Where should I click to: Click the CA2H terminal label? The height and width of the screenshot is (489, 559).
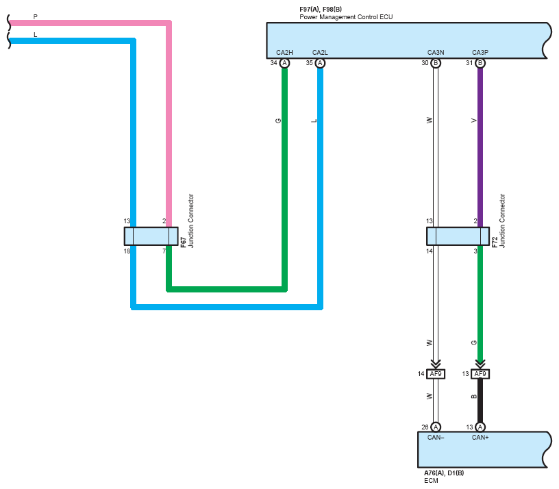(284, 52)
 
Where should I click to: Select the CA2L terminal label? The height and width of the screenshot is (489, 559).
(320, 52)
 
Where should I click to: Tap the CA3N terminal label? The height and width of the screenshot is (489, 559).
(436, 52)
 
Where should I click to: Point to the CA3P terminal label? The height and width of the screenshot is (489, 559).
(480, 52)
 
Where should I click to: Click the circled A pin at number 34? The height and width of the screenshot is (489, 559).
(284, 63)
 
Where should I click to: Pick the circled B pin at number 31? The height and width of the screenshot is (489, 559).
(480, 63)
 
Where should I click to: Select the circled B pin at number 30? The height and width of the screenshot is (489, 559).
(436, 63)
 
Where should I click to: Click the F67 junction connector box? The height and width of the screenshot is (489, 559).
(151, 236)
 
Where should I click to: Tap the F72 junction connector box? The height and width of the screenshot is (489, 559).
(458, 236)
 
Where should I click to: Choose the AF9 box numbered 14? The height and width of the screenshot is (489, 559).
(436, 374)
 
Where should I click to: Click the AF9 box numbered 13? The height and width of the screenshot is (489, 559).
(480, 374)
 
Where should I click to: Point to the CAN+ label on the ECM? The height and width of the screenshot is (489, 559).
(480, 438)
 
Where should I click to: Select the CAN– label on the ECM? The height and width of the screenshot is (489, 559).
(436, 438)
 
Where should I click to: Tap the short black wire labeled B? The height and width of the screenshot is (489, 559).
(480, 401)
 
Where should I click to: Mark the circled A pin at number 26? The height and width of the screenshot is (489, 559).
(436, 427)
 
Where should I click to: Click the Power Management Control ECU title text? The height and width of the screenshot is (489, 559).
(346, 17)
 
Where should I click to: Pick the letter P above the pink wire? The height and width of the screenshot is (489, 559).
(36, 16)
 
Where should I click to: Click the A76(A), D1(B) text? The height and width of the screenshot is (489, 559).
(444, 473)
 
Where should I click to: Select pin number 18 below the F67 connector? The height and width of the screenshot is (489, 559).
(127, 251)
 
